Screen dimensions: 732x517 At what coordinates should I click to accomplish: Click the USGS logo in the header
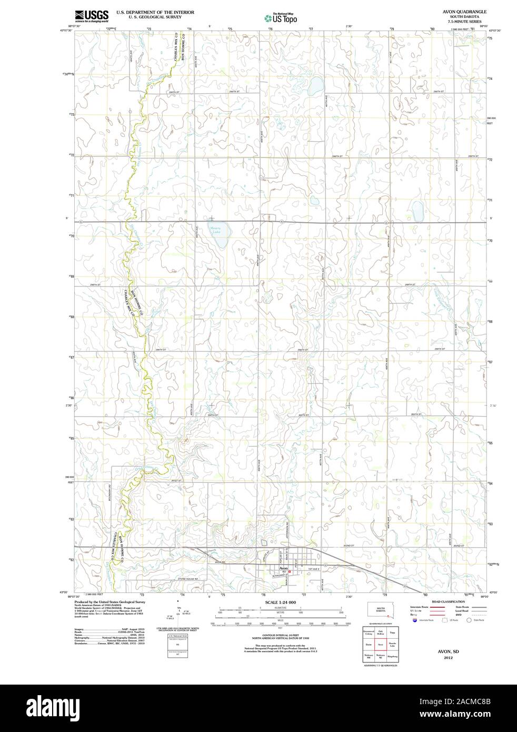[92, 15]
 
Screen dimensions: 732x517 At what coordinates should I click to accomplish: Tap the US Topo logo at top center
[281, 17]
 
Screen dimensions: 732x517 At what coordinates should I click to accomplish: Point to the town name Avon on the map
[283, 569]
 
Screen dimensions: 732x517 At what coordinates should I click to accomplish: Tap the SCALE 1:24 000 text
[281, 602]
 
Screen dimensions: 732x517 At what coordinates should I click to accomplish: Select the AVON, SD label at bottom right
[448, 651]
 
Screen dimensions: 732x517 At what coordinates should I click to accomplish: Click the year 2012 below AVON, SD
[448, 658]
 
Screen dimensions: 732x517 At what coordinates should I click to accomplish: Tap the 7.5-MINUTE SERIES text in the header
[461, 22]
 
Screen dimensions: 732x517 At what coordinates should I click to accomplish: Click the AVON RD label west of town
[220, 562]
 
